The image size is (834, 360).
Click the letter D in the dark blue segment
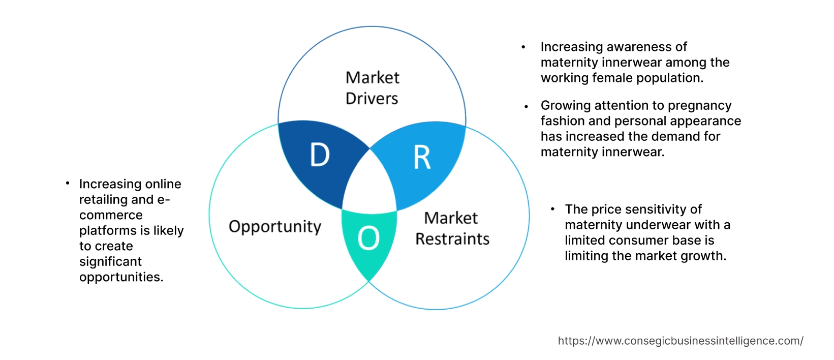(x=320, y=155)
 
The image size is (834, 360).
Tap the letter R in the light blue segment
(x=422, y=158)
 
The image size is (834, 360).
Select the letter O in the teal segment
(x=368, y=238)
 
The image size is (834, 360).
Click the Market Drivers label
(x=372, y=88)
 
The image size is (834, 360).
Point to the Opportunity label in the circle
(x=275, y=226)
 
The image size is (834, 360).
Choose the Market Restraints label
(x=452, y=228)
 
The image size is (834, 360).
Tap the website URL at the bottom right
(x=681, y=341)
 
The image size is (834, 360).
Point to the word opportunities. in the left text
(x=121, y=277)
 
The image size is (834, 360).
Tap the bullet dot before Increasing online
(x=68, y=183)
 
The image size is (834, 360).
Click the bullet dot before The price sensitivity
(x=552, y=209)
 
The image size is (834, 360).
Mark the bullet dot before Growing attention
(x=527, y=107)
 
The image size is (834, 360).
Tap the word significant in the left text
(x=110, y=261)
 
